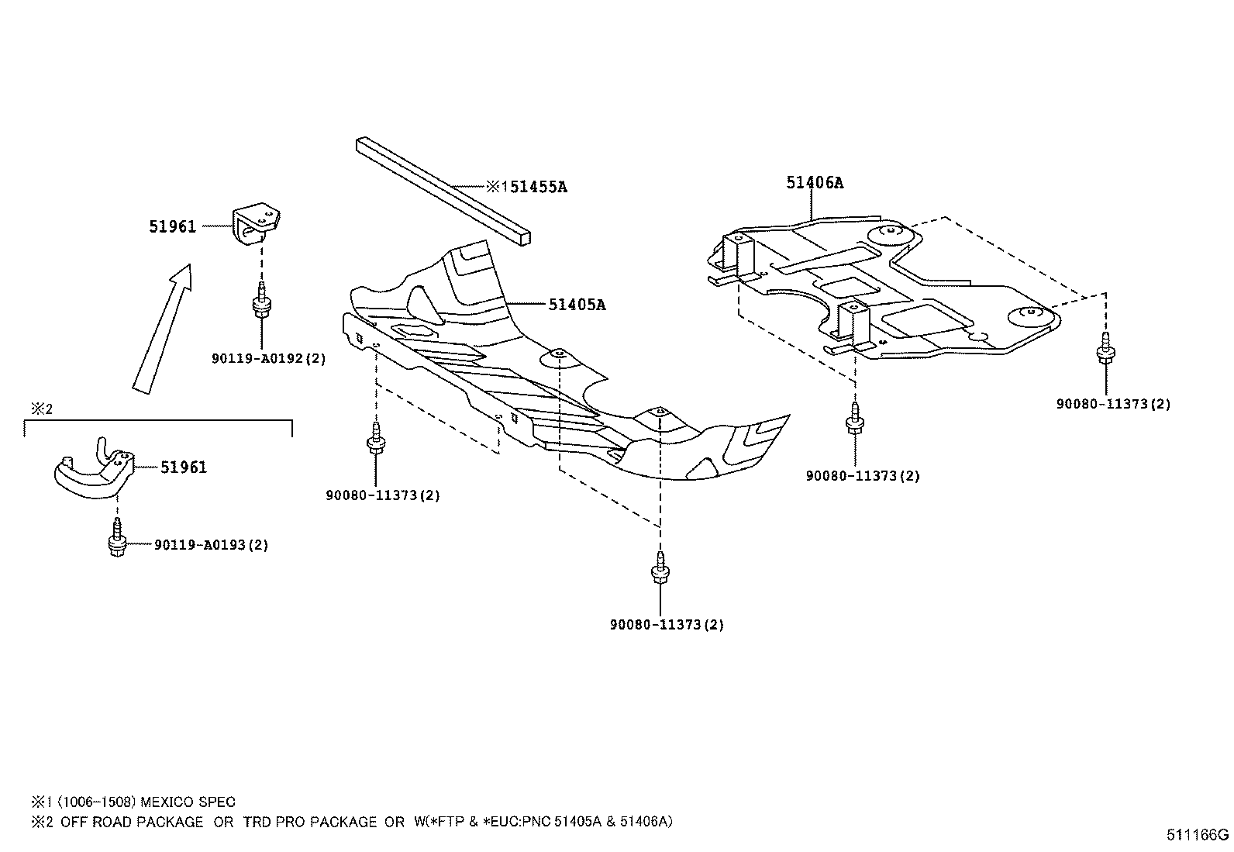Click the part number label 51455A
tap(534, 187)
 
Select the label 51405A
tap(577, 305)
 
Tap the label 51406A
tap(814, 183)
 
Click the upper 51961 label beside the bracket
tap(172, 226)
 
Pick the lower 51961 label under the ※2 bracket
tap(184, 467)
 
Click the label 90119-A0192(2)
tap(268, 359)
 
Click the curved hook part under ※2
tap(94, 470)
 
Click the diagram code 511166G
tap(1198, 835)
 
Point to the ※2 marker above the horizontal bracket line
tap(41, 409)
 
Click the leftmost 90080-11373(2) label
tap(382, 495)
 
